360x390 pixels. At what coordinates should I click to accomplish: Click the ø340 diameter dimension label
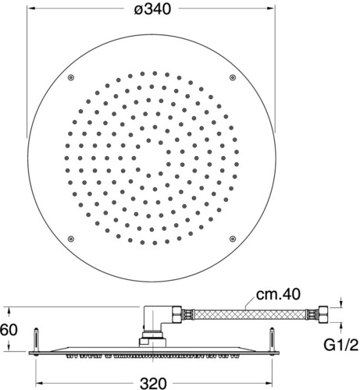pos(152,9)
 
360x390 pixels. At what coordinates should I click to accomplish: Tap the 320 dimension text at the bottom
pos(153,383)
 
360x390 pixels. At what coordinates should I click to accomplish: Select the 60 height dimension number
pos(9,330)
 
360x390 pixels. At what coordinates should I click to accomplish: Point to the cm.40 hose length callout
pos(278,294)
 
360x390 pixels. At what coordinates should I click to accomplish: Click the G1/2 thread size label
pos(341,345)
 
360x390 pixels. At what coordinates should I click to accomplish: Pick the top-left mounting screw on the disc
pos(71,77)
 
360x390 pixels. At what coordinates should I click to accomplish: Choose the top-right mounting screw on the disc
pos(233,77)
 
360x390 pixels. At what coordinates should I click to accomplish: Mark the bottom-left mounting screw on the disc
pos(71,239)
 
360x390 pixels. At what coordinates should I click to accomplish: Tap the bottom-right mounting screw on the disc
pos(233,239)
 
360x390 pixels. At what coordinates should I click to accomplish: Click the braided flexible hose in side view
pos(250,314)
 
